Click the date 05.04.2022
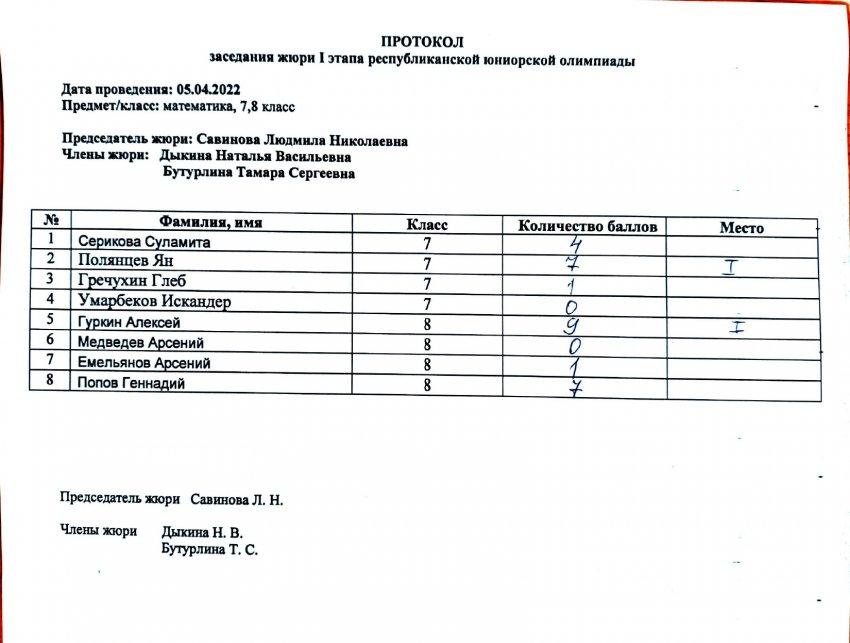coord(205,90)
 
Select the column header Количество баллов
coord(587,226)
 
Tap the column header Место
coord(741,228)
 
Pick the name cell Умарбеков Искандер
coord(155,301)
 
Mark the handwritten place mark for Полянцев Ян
coord(730,267)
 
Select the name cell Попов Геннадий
coord(131,383)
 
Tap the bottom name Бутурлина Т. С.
coord(210,549)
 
